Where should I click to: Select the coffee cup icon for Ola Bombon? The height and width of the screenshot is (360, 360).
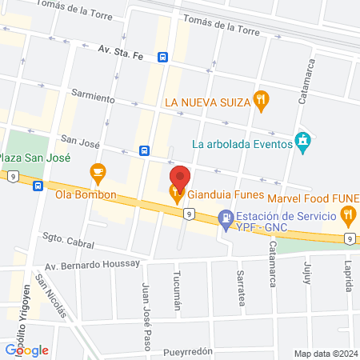tap(98, 171)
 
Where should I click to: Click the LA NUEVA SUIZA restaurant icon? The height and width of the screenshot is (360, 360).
tap(261, 101)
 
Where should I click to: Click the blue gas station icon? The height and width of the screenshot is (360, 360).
tap(226, 216)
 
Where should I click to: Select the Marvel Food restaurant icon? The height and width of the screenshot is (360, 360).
tap(347, 214)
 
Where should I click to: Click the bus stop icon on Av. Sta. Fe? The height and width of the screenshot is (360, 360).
tap(163, 58)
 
